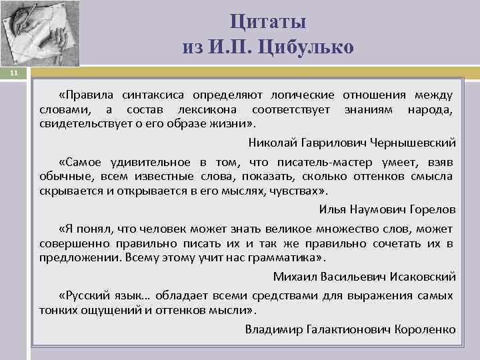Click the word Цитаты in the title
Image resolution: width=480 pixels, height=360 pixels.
point(268,21)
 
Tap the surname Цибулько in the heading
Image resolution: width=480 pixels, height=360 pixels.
point(313,47)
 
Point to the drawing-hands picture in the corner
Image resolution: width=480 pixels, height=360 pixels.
point(39,33)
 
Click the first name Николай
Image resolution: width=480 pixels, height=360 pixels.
point(271,142)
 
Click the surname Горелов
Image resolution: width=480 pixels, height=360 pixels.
point(431,209)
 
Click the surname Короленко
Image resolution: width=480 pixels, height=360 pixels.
point(425,329)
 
